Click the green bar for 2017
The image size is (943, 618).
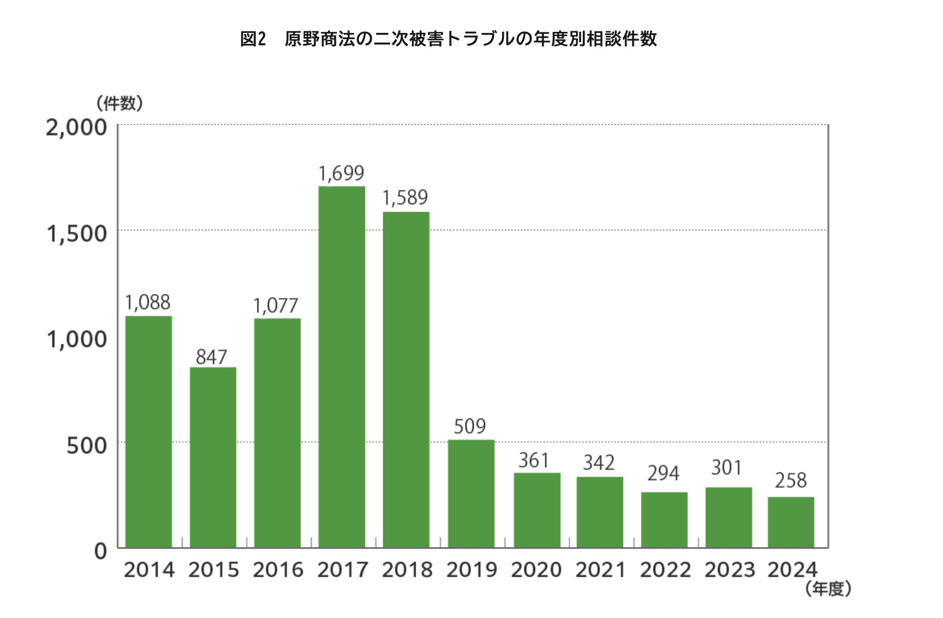(341, 366)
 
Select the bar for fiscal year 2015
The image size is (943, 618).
(213, 457)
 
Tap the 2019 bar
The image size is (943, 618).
(471, 493)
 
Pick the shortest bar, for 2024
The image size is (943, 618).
(791, 522)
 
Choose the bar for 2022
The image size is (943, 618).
(664, 519)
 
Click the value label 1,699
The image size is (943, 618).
(341, 173)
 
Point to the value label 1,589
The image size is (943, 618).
(405, 198)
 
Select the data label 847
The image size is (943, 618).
(211, 357)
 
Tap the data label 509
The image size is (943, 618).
(470, 426)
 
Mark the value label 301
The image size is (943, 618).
(727, 468)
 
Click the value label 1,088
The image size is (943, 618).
(148, 303)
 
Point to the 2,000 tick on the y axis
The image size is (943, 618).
(76, 127)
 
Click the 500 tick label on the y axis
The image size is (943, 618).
(87, 445)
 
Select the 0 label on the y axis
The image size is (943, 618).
(100, 551)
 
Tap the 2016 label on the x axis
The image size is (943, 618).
(278, 570)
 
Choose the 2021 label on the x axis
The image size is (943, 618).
(600, 570)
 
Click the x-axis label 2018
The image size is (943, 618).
(407, 570)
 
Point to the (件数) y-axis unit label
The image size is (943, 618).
(120, 103)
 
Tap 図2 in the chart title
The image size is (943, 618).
(253, 39)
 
